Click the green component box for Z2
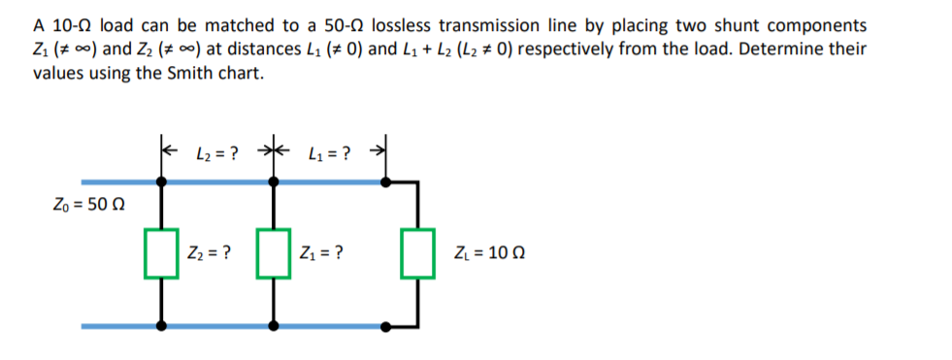coord(162,254)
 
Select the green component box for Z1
coord(275,254)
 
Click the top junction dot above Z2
coord(162,181)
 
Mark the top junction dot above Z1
coord(275,181)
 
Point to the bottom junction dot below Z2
coord(162,326)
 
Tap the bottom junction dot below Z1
coord(275,326)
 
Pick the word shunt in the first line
coord(732,24)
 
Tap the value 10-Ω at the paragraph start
coord(70,24)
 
